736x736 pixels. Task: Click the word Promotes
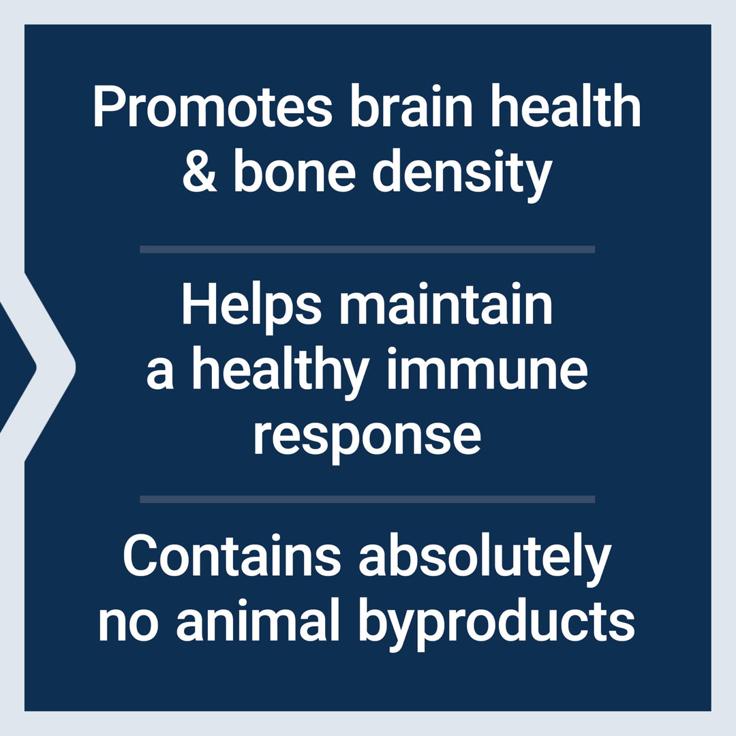point(213,106)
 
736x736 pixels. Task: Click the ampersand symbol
point(200,171)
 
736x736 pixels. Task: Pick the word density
point(462,175)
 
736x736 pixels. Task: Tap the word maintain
point(446,303)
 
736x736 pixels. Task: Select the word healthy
point(280,373)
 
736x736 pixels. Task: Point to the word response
point(367,437)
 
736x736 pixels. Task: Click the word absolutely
point(485,559)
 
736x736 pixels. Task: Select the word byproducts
point(497,624)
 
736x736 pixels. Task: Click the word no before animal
point(128,625)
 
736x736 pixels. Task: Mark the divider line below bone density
point(367,249)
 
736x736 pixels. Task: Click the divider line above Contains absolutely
point(367,499)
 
